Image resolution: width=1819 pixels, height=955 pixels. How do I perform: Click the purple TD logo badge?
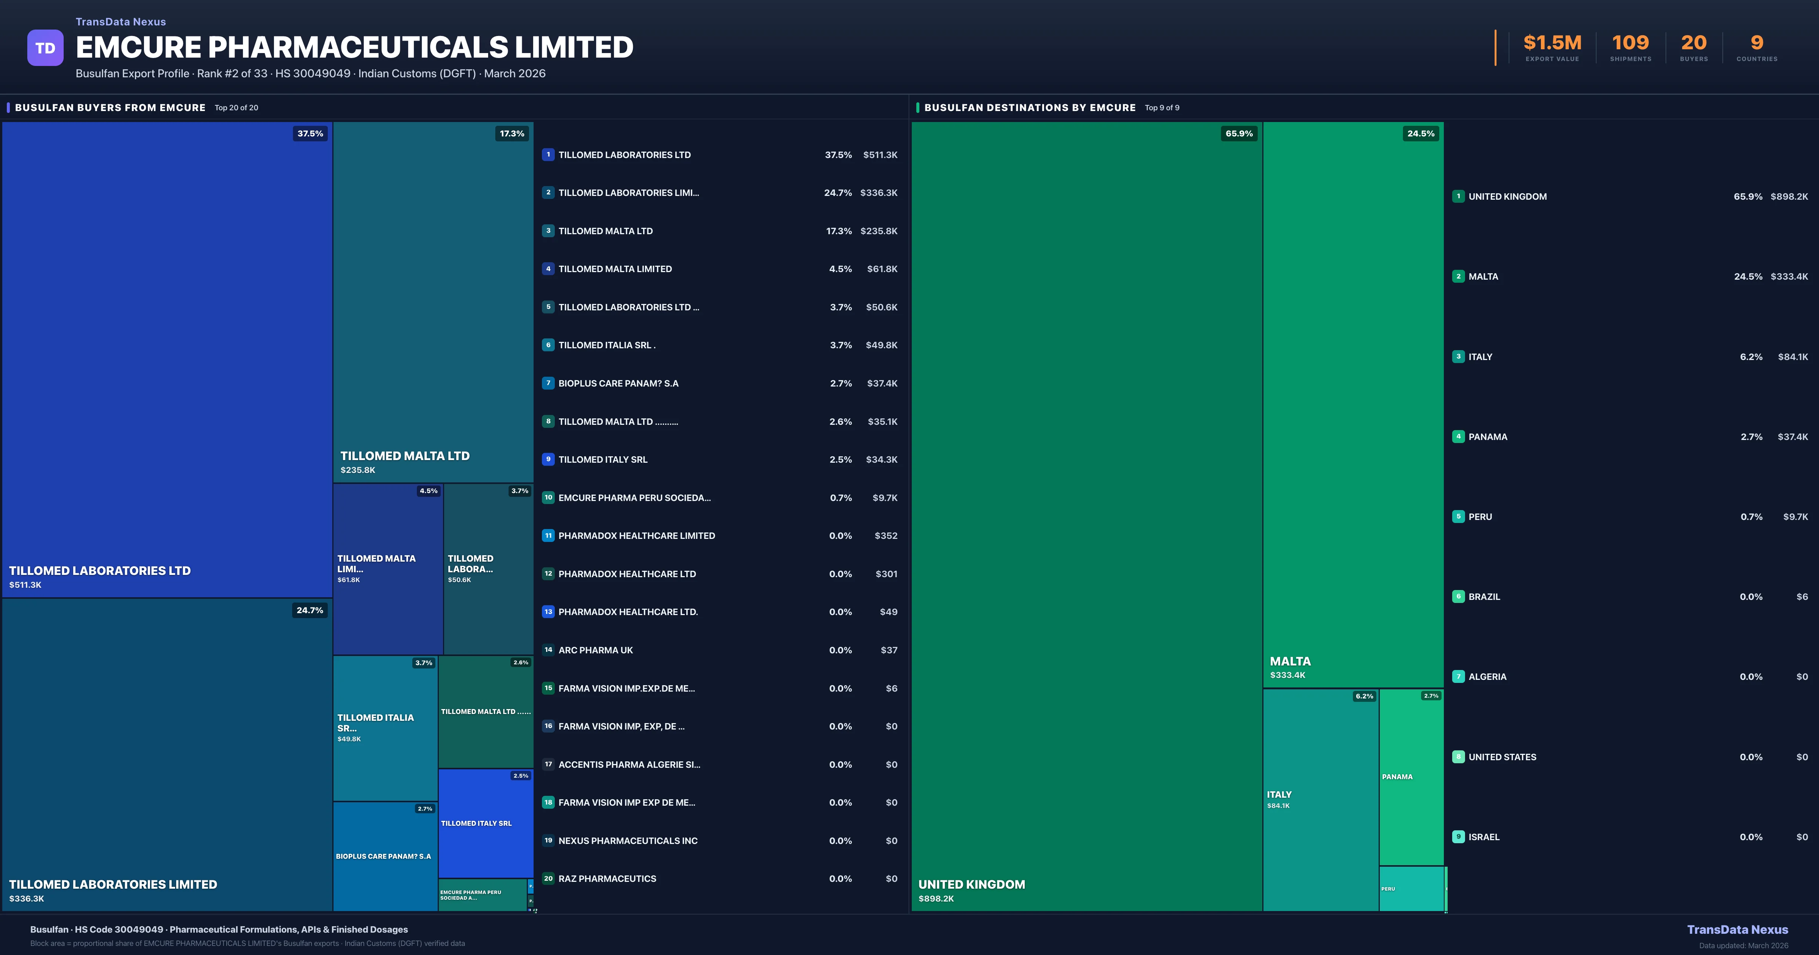click(x=45, y=48)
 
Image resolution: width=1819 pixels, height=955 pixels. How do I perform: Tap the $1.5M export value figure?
click(x=1552, y=43)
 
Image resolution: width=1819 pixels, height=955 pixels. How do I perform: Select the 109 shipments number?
click(x=1630, y=43)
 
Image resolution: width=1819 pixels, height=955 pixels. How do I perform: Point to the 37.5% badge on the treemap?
click(x=310, y=133)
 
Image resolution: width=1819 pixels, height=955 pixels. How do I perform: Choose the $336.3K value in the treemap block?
click(x=27, y=899)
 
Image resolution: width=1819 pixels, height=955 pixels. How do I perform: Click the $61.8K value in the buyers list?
click(x=882, y=269)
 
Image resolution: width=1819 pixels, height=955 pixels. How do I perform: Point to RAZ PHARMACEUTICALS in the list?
click(x=607, y=879)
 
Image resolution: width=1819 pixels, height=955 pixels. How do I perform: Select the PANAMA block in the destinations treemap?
click(x=1411, y=777)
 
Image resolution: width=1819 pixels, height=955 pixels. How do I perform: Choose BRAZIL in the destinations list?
click(x=1484, y=597)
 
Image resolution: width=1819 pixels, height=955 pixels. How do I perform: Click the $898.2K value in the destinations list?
click(x=1789, y=196)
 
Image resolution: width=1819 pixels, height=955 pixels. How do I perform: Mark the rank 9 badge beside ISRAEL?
click(x=1458, y=837)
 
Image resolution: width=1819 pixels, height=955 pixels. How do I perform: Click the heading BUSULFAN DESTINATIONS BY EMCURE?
click(x=1030, y=107)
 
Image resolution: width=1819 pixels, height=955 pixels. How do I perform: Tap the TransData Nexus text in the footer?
click(x=1737, y=930)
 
